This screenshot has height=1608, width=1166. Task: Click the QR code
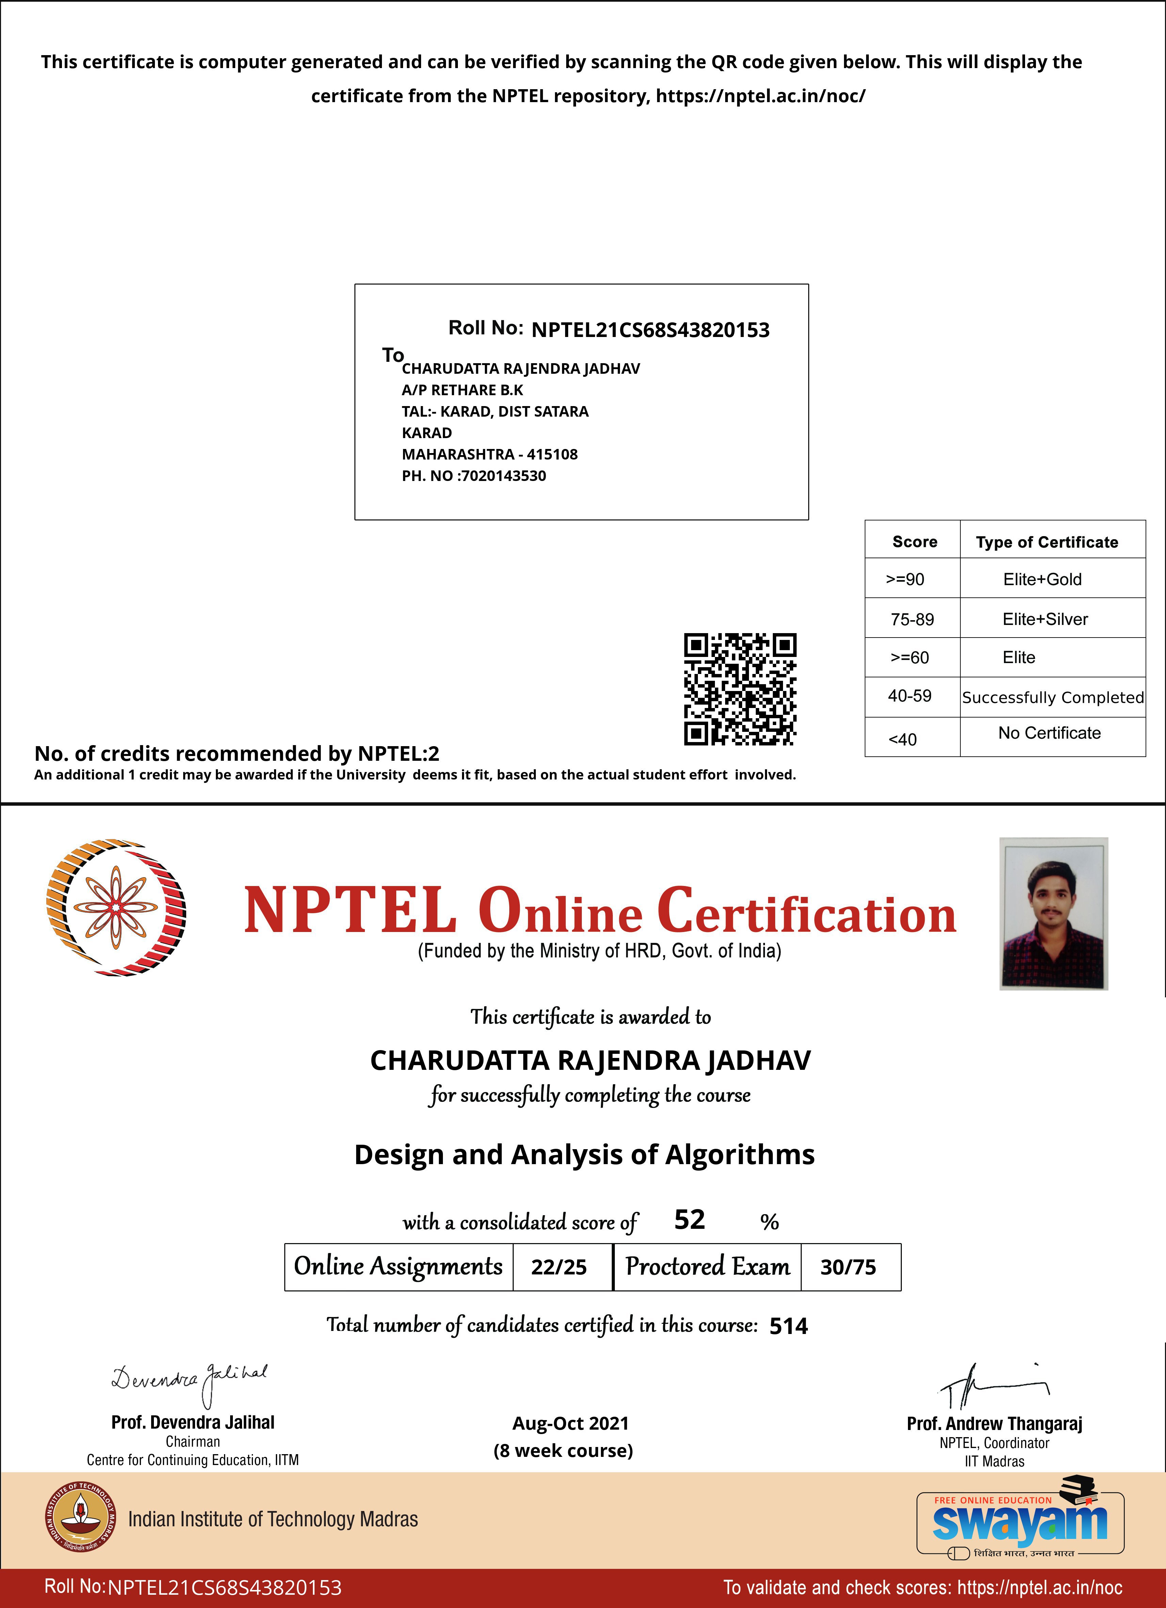(x=740, y=689)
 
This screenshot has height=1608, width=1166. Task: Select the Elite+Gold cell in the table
(x=1042, y=579)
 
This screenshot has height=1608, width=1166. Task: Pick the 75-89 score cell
(x=912, y=619)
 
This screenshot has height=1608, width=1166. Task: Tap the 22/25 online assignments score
(x=559, y=1267)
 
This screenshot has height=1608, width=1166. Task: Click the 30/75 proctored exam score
(x=848, y=1267)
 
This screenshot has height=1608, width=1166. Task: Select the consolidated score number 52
(x=689, y=1220)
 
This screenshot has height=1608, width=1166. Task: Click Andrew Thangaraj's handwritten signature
(x=993, y=1386)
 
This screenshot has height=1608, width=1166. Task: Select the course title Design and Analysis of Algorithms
(x=585, y=1155)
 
